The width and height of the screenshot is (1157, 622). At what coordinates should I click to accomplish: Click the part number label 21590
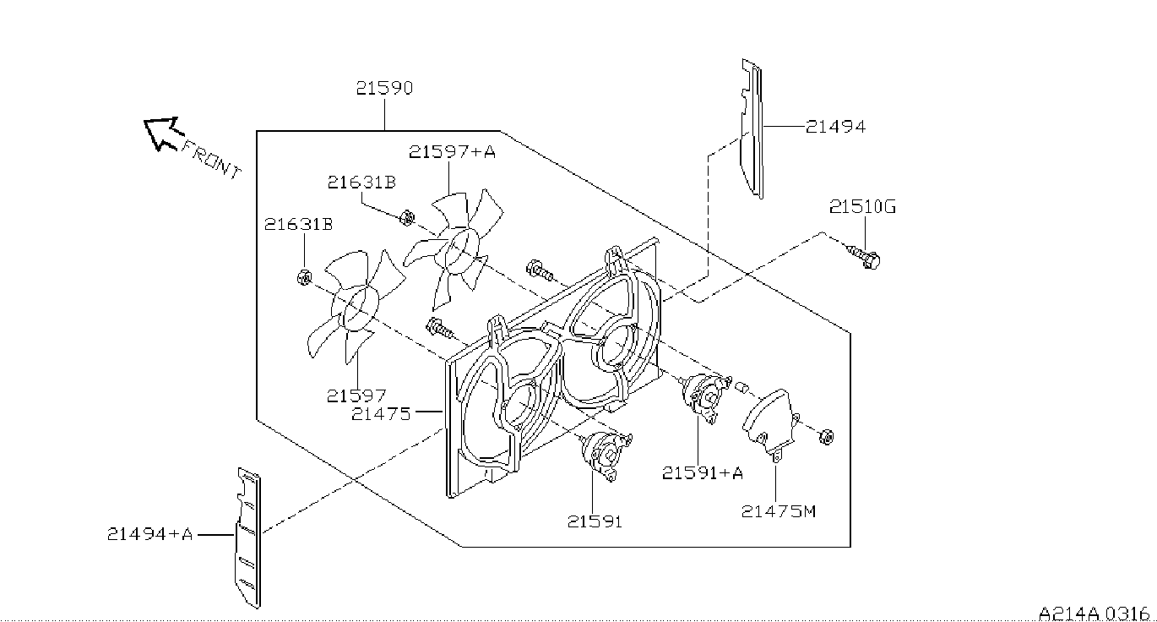pos(384,88)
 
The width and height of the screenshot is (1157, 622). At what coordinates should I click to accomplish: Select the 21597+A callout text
pos(452,151)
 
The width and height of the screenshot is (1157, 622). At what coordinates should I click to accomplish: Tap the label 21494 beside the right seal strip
pos(835,126)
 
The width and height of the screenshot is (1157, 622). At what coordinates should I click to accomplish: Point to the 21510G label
pos(862,207)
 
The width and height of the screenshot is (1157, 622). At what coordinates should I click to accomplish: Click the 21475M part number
pos(779,511)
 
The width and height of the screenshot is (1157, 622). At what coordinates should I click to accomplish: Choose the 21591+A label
pos(703,472)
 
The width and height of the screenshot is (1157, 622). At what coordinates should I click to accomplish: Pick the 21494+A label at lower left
pos(149,533)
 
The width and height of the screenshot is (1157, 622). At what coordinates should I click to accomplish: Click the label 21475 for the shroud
pos(381,413)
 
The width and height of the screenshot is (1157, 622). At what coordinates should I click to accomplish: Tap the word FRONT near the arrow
pos(211,160)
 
